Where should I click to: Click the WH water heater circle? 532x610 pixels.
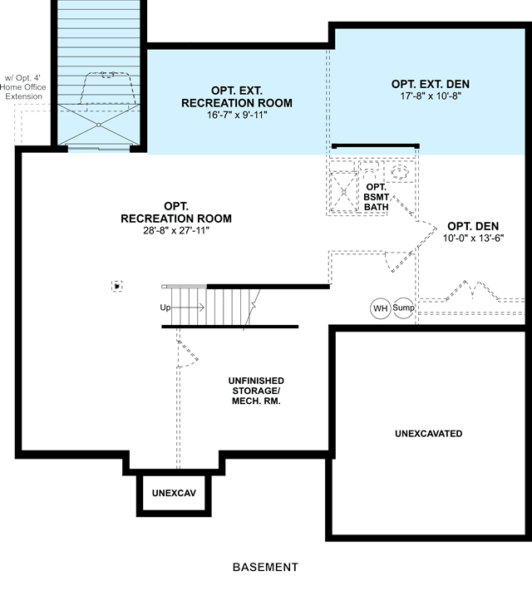[380, 308]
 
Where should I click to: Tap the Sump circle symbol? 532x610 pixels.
[403, 307]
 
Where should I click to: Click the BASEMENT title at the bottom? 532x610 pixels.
[265, 568]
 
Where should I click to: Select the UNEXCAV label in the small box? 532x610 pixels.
[174, 493]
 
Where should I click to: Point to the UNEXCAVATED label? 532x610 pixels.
[428, 433]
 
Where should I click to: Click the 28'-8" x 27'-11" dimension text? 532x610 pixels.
[176, 231]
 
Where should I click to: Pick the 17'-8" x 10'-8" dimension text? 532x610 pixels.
[431, 96]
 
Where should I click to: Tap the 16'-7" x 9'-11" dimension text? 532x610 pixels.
[237, 115]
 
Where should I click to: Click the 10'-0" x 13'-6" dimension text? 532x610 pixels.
[473, 238]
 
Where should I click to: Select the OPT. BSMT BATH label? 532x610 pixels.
[377, 197]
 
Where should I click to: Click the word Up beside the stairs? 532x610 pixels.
[165, 307]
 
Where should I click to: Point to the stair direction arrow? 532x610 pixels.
[188, 307]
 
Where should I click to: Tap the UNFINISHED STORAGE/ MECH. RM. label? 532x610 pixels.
[256, 391]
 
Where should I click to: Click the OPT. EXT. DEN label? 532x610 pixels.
[431, 84]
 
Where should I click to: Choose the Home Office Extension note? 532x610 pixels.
[23, 87]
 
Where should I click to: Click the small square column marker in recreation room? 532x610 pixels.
[116, 286]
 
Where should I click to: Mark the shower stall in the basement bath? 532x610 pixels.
[343, 191]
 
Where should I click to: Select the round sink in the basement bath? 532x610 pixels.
[400, 171]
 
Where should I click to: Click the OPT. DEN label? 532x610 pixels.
[473, 226]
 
